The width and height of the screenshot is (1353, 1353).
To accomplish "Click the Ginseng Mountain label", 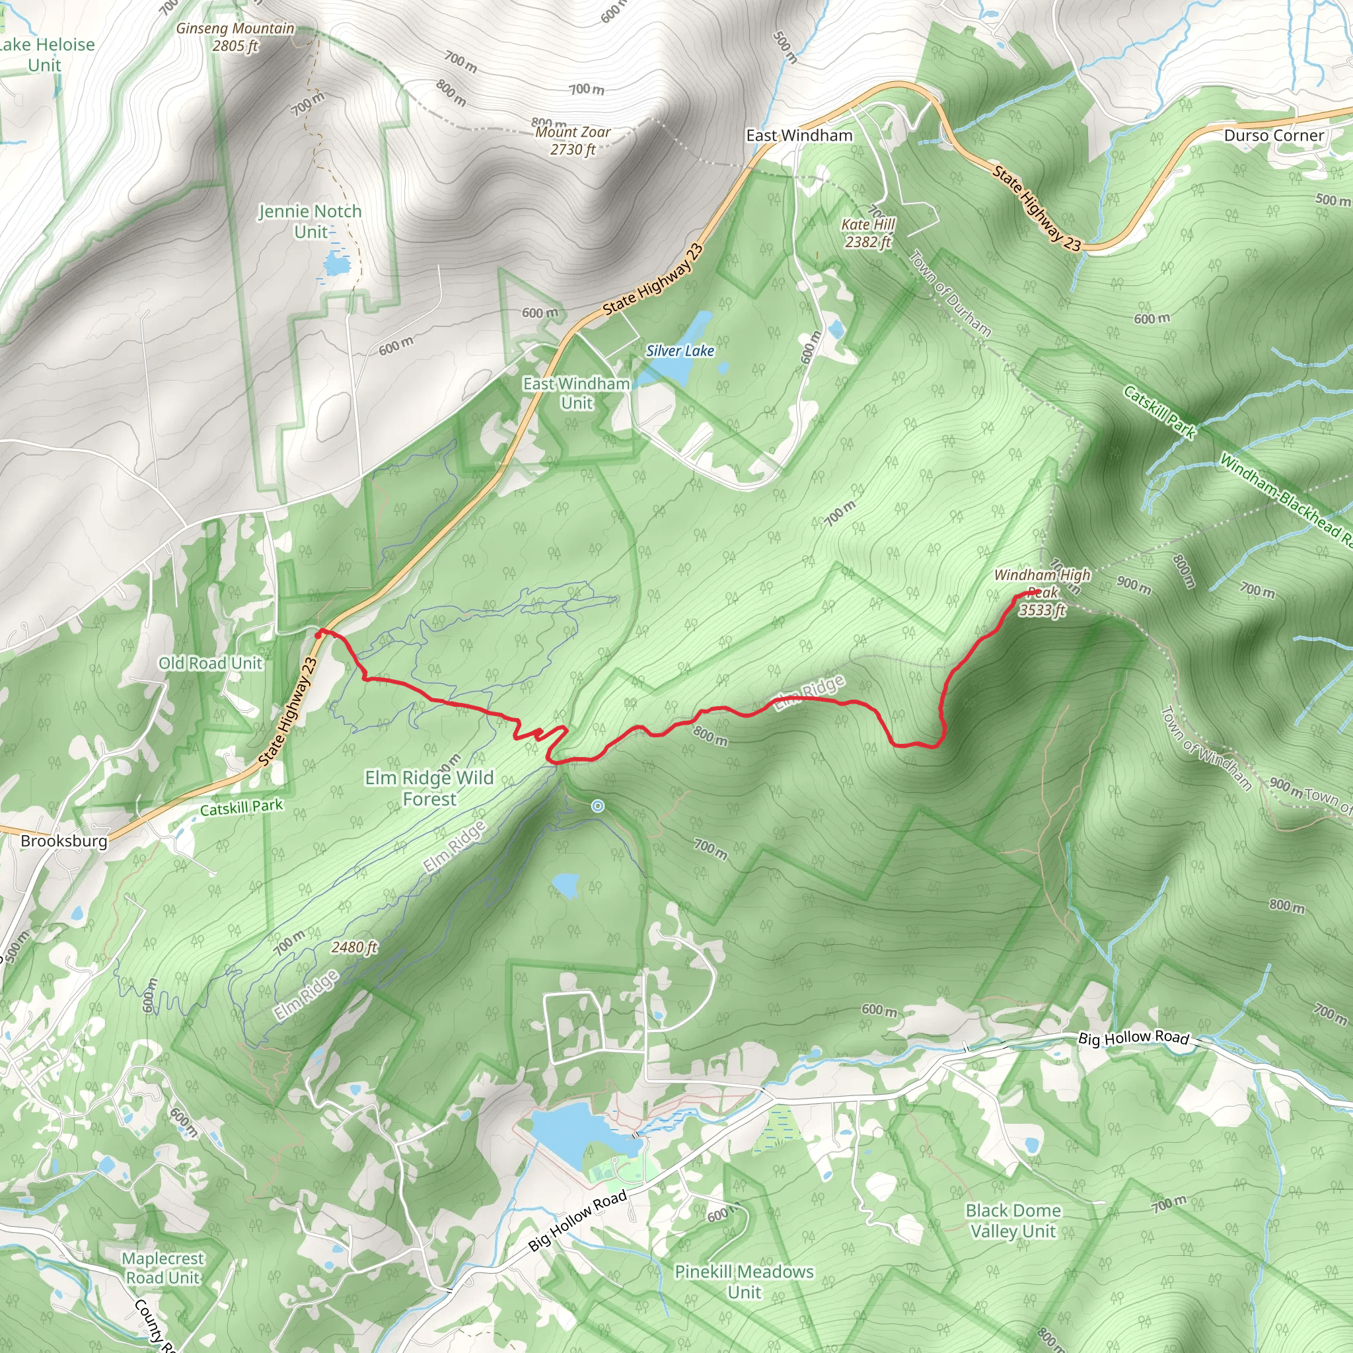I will [235, 37].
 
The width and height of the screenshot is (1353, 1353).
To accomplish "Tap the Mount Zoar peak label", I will [573, 140].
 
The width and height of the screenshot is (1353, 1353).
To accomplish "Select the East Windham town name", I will [799, 135].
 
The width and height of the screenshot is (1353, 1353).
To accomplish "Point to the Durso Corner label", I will [1274, 135].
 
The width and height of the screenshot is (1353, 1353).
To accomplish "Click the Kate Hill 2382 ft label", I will [867, 233].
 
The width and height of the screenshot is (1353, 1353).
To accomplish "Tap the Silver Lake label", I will [679, 351].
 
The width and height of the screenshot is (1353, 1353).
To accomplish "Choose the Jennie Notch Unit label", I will [311, 221].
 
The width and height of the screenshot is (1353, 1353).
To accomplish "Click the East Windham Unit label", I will [576, 393].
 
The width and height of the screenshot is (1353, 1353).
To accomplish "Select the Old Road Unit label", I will [210, 663].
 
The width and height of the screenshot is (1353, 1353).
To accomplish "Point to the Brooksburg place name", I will [63, 840].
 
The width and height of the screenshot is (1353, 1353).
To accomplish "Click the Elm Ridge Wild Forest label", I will [429, 788].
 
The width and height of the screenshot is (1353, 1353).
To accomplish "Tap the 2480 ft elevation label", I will [354, 947].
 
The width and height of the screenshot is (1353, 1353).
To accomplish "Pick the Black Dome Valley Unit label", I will [1013, 1221].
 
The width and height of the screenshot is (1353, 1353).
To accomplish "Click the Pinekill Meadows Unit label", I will [744, 1282].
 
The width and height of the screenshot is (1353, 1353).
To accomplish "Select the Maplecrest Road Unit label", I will [163, 1268].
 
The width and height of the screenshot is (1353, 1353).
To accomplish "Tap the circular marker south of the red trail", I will [597, 806].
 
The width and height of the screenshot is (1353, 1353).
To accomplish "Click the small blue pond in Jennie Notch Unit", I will [336, 264].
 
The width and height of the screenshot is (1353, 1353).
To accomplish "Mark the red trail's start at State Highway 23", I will [319, 633].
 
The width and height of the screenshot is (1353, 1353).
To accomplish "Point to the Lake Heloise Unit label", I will [46, 55].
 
